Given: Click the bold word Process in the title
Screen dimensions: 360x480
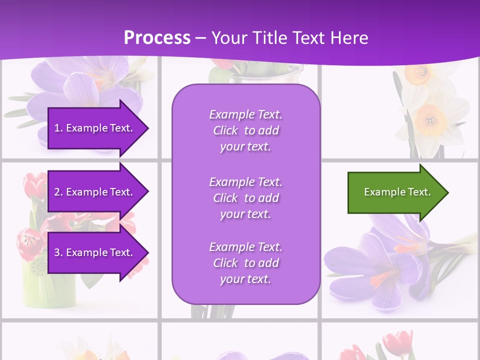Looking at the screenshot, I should pyautogui.click(x=157, y=38).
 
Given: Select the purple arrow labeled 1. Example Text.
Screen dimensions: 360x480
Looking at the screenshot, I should pyautogui.click(x=95, y=128).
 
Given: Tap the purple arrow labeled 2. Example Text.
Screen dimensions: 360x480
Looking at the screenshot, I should pyautogui.click(x=95, y=192).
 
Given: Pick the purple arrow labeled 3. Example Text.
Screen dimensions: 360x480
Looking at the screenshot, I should pyautogui.click(x=95, y=252).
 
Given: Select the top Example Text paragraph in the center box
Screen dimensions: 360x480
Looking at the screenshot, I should pyautogui.click(x=245, y=130).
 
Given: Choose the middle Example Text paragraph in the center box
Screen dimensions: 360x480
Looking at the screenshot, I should pyautogui.click(x=245, y=198).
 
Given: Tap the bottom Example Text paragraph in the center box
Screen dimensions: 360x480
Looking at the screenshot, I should pyautogui.click(x=245, y=263).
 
